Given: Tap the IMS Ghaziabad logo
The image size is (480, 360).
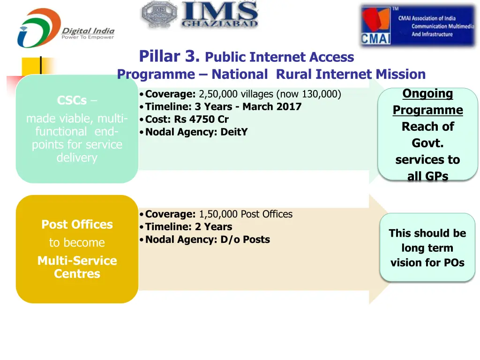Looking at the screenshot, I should click(200, 15).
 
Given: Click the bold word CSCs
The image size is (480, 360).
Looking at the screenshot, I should click(72, 100).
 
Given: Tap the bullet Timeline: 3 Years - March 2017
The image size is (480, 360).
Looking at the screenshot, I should click(223, 106).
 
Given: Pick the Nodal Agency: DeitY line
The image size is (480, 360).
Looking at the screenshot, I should click(196, 132).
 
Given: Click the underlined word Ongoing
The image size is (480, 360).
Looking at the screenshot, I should click(427, 94).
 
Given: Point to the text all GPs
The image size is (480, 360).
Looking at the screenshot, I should click(427, 176).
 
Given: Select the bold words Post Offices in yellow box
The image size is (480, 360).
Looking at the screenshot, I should click(77, 225).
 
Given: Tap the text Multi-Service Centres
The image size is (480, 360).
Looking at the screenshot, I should click(77, 267).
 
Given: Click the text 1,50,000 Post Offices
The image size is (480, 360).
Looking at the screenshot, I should click(246, 214).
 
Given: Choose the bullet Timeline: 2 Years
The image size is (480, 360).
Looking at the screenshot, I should click(188, 227).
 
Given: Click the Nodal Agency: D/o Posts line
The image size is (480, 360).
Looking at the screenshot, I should click(207, 240).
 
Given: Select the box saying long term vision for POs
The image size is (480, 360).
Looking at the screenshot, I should click(427, 247).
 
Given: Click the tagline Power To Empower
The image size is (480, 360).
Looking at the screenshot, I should click(88, 37).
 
